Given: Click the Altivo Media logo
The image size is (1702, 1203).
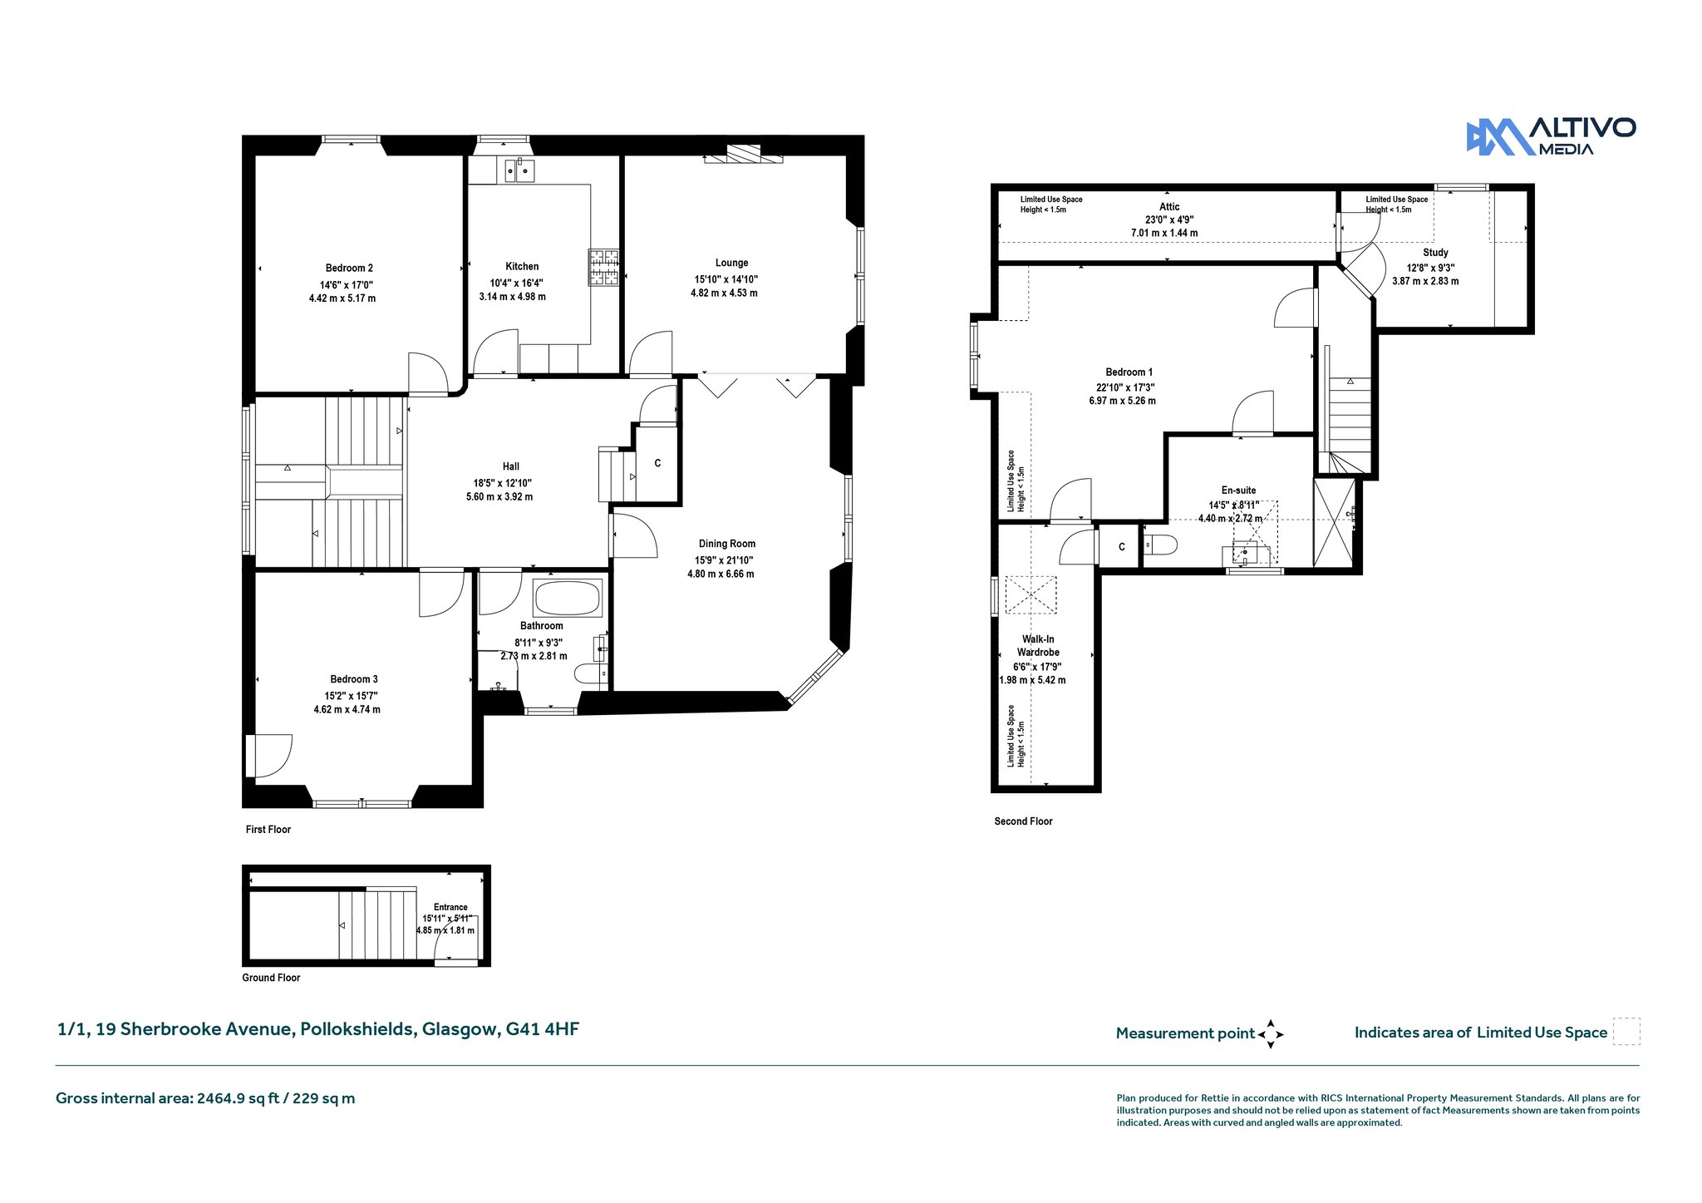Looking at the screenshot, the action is [x=1551, y=136].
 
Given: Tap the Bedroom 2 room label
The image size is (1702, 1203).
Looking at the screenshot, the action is [x=349, y=268].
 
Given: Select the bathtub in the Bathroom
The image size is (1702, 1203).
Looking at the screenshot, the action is [x=568, y=598].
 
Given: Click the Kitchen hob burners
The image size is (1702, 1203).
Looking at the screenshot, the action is [x=604, y=267].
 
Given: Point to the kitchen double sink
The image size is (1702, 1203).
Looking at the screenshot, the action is [x=518, y=170].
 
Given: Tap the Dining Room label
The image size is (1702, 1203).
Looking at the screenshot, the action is [x=727, y=544].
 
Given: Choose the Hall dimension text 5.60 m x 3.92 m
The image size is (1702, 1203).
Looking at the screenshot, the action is [x=499, y=496].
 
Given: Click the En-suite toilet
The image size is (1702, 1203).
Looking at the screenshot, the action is [x=1160, y=545].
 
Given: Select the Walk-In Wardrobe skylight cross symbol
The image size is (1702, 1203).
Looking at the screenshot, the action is [x=1031, y=595].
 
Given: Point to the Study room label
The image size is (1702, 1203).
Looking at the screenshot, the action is [x=1435, y=252].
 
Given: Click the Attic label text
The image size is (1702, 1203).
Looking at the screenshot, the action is [x=1169, y=206].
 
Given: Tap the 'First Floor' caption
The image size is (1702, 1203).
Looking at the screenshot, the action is [x=268, y=829].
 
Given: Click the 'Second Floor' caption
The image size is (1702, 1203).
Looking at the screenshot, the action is [x=1023, y=821].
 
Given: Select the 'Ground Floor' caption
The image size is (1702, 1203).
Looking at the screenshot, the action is [x=271, y=977].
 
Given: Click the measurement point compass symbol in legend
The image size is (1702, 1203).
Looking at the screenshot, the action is [x=1271, y=1034].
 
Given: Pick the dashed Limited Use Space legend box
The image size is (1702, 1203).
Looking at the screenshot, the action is [x=1626, y=1032].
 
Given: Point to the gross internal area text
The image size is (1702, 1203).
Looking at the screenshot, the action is [x=205, y=1098].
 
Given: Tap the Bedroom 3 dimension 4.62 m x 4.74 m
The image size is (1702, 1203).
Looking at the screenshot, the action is [x=347, y=709].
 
